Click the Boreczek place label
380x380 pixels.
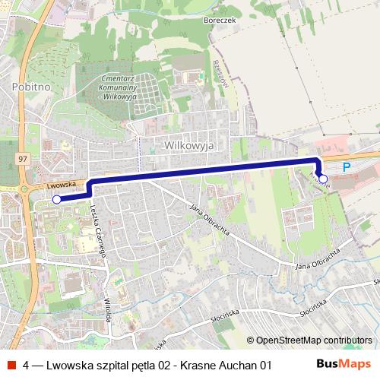click(207, 21)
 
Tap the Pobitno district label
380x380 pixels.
click(30, 87)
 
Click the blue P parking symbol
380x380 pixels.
click(347, 167)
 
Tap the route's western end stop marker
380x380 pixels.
click(56, 199)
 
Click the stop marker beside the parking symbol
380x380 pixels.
click(324, 179)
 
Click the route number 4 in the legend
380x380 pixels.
click(27, 365)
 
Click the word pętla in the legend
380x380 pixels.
click(141, 366)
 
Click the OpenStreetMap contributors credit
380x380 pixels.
click(314, 340)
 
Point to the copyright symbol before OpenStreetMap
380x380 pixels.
click(250, 340)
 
